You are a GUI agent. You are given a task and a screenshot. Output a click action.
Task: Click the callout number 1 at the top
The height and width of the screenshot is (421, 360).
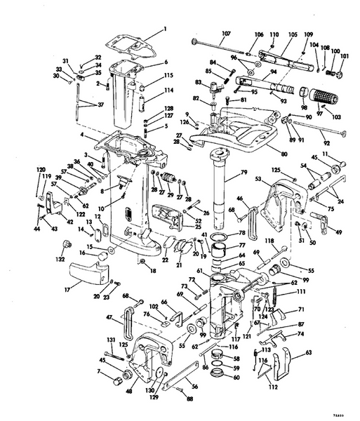(166, 29)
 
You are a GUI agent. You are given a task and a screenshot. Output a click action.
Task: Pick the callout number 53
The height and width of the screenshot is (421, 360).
(258, 180)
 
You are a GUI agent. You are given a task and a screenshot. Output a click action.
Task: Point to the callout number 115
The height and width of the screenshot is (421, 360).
(168, 76)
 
